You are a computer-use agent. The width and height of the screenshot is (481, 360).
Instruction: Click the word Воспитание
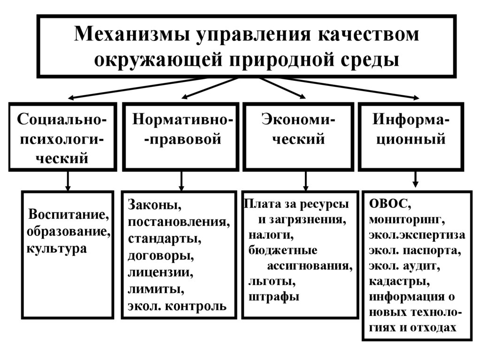point(69,215)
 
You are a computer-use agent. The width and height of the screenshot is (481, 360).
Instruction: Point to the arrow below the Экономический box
point(306,180)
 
